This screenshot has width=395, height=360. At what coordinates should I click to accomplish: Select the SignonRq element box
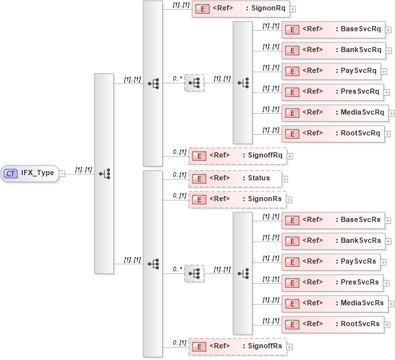[240, 9]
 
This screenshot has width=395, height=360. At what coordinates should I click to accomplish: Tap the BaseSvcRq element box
[333, 29]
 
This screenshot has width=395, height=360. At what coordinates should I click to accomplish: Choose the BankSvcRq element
[333, 50]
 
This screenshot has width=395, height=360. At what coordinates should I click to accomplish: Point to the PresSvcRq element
[333, 92]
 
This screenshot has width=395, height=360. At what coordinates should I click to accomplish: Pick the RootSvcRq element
[333, 133]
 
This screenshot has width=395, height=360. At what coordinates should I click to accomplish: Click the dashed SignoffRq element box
[238, 156]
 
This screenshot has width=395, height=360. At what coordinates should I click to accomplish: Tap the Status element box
[234, 178]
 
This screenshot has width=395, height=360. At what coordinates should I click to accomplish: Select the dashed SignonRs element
[237, 200]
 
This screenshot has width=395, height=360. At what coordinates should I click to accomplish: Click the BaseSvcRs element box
[333, 219]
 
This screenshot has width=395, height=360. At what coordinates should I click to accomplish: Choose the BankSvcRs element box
[333, 241]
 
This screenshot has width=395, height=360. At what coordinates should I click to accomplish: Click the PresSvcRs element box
[333, 283]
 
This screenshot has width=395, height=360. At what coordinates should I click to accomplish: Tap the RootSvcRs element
[333, 324]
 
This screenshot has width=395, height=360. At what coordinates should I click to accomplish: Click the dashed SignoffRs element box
[238, 346]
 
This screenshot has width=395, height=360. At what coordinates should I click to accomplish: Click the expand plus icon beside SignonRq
[293, 9]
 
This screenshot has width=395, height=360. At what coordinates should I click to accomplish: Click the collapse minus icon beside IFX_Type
[62, 173]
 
